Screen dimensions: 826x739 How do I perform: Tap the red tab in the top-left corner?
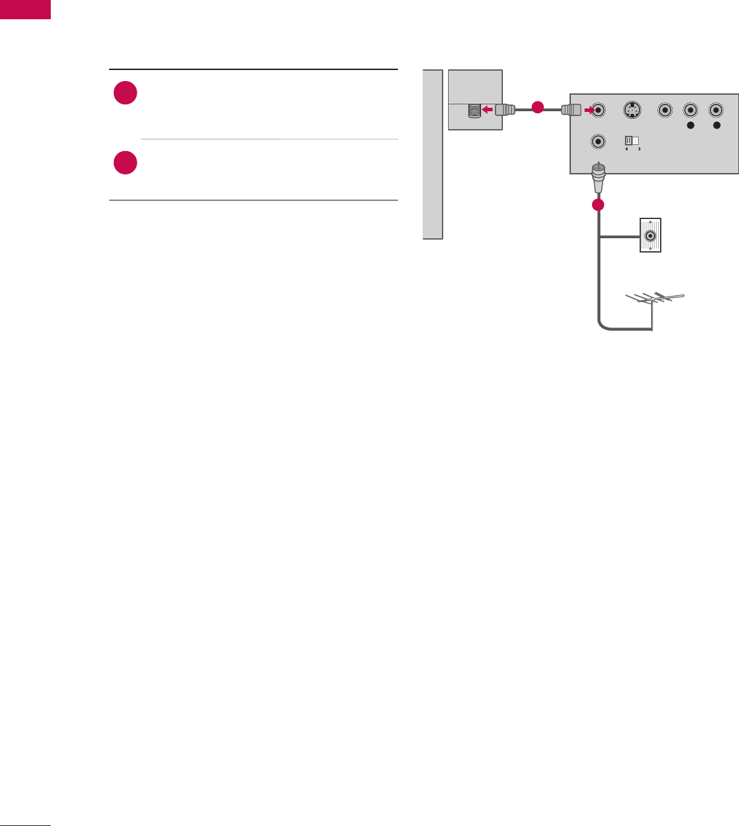point(25,9)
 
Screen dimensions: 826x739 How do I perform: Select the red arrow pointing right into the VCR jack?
point(589,108)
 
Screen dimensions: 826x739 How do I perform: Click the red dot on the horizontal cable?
point(538,108)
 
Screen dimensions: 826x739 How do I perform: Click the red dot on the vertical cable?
point(598,205)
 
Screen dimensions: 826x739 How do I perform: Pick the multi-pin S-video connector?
point(632,109)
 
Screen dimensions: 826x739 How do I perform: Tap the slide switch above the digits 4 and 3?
point(631,141)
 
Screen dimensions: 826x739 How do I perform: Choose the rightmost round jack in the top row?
point(716,109)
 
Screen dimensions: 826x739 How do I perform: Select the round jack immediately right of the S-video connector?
point(664,109)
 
